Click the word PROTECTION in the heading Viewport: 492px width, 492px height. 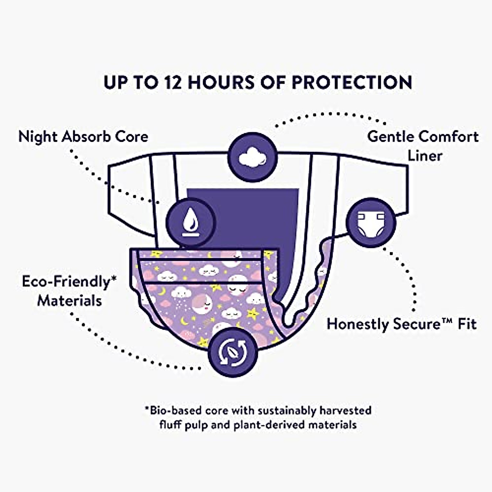click(352, 82)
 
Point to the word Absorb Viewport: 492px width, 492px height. click(86, 137)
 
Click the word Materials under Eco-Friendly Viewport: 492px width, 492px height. click(70, 301)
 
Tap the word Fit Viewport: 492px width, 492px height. click(467, 324)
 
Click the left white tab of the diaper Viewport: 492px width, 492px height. click(129, 193)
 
